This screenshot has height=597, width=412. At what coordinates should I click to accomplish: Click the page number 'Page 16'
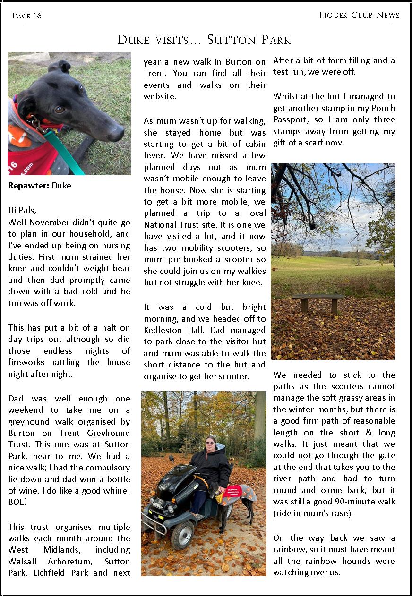point(27,16)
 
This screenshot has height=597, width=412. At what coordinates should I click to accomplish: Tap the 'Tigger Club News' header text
point(359,15)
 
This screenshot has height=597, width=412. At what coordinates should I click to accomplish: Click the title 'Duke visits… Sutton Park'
point(204,40)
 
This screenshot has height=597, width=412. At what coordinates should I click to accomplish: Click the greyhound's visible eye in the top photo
point(60,110)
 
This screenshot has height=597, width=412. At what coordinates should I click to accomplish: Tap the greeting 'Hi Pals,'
point(22,210)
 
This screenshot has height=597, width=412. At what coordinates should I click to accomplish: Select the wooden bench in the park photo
point(318,301)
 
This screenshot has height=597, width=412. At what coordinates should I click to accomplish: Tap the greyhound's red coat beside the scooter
point(239,492)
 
